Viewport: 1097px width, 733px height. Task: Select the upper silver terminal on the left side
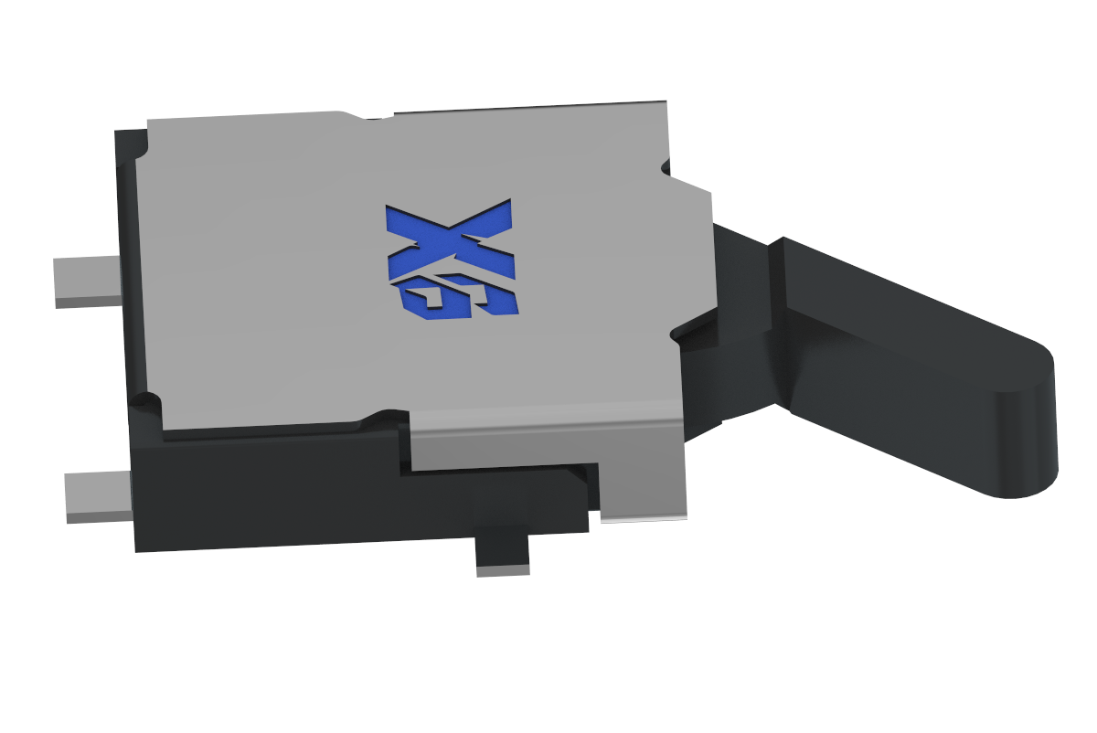coord(88,280)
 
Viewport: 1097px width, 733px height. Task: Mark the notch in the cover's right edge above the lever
coord(666,166)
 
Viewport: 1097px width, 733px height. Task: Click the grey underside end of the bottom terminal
coord(503,569)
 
